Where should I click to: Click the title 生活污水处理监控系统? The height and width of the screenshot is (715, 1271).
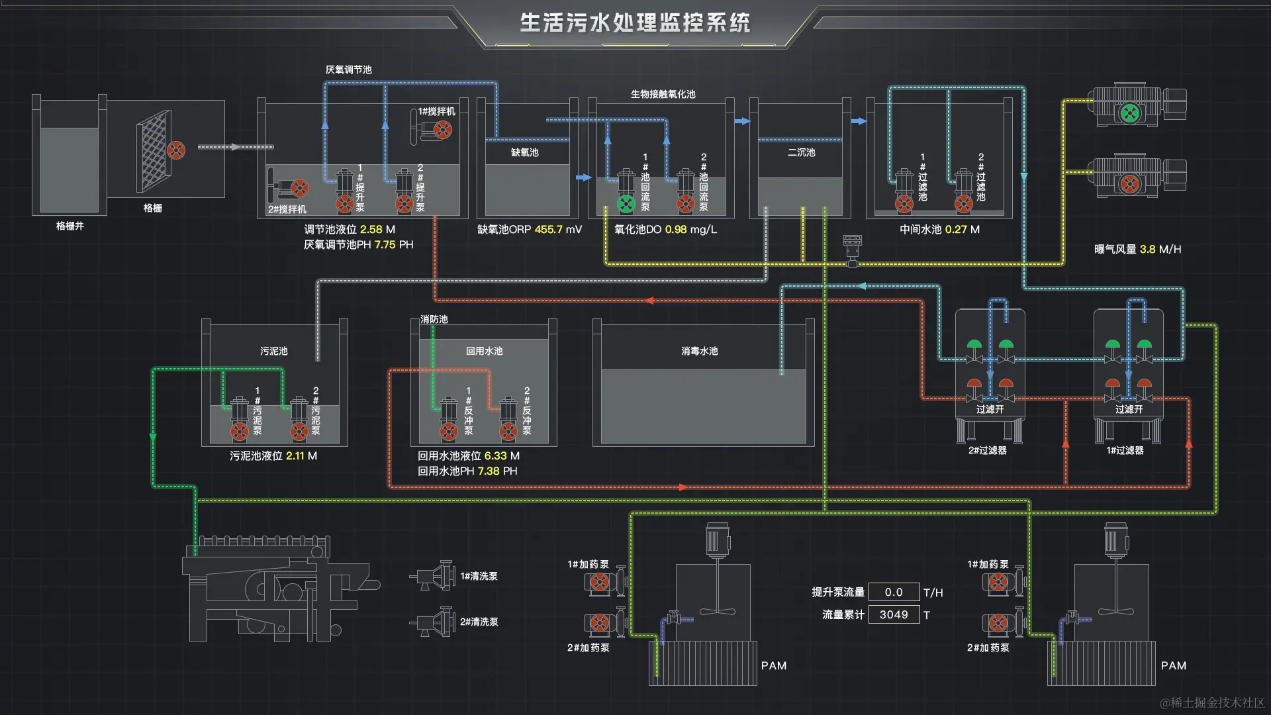tap(634, 23)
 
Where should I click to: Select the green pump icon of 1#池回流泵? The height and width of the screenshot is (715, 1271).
tap(626, 204)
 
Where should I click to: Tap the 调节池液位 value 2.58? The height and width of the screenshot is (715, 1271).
tap(371, 230)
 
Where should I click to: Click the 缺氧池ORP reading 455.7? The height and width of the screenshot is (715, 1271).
tap(548, 230)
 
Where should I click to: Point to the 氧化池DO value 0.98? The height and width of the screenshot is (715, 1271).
tap(675, 230)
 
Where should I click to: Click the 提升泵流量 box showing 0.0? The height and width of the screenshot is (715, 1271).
tap(894, 592)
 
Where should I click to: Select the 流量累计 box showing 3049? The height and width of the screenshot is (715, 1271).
tap(894, 614)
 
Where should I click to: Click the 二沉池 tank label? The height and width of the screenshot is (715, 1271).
tap(801, 152)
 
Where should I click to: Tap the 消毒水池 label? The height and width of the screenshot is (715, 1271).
tap(699, 351)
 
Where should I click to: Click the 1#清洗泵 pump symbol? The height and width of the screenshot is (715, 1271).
tap(434, 576)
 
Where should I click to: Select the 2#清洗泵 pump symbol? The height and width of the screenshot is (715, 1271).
tap(434, 622)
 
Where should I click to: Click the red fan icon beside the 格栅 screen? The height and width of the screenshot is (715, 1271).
tap(176, 150)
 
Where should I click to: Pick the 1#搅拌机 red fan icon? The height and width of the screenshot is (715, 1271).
tap(443, 130)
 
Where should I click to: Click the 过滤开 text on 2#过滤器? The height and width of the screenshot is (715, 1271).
tap(990, 409)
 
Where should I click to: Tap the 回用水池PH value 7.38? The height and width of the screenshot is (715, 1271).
tap(489, 471)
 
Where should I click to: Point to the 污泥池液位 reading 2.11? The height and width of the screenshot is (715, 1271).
tap(295, 455)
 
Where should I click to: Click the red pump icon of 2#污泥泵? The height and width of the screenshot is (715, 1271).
tap(299, 432)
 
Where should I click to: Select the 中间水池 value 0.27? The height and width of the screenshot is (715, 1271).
tap(955, 230)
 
